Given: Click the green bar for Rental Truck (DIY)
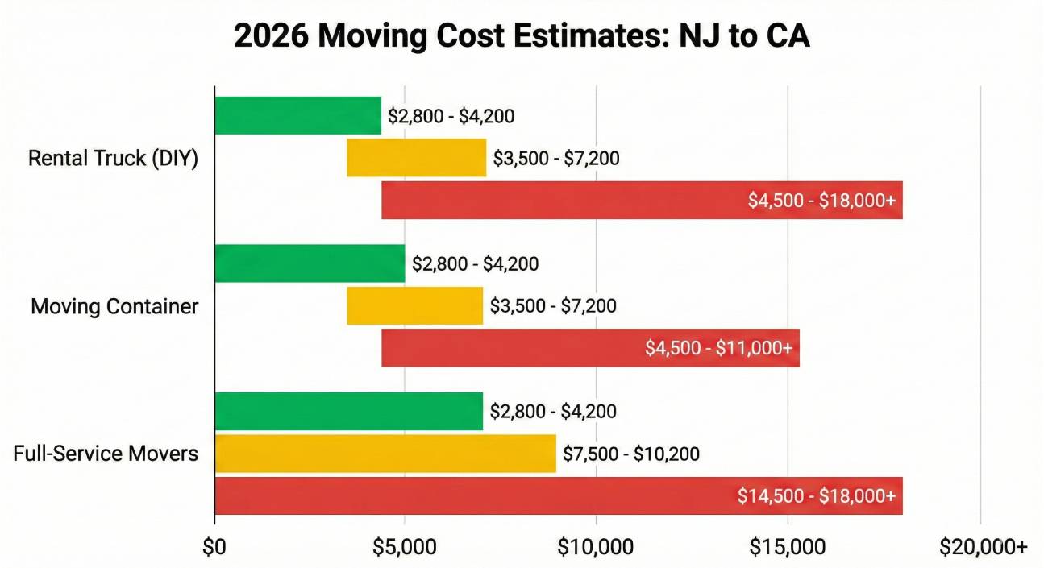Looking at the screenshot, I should tap(297, 115).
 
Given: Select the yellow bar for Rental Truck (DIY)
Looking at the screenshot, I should tap(416, 158).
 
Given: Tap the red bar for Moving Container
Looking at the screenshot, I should tap(590, 348).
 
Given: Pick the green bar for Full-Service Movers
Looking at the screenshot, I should tap(348, 412).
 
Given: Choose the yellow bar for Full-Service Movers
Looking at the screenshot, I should tap(385, 454).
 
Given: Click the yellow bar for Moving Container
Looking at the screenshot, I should tap(414, 306).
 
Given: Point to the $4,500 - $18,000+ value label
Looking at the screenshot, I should tap(821, 201).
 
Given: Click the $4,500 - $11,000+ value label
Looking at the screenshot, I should tap(718, 348).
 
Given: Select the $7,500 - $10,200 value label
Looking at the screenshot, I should tap(631, 454).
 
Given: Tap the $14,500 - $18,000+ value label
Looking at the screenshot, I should tap(816, 496).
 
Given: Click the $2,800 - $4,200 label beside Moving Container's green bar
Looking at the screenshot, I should tap(475, 264).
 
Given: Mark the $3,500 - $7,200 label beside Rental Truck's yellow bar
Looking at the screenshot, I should tap(556, 158).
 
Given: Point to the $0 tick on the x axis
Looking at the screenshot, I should tap(214, 547).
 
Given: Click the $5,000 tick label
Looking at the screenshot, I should tap(405, 547).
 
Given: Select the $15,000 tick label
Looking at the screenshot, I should tap(787, 547).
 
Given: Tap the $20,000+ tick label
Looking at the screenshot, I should tap(983, 547).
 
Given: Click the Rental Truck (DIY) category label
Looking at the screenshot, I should tap(113, 158).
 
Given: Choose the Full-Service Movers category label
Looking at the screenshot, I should tap(106, 454).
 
